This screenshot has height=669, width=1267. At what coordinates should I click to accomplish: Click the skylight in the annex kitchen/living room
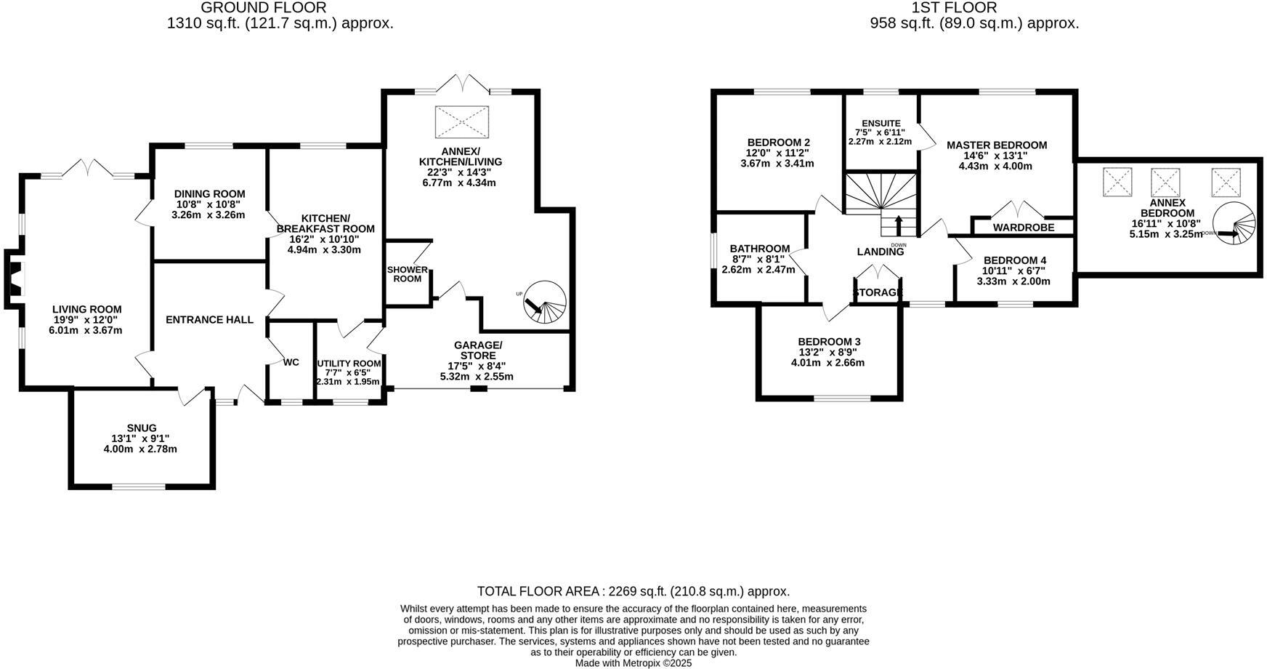(x=462, y=121)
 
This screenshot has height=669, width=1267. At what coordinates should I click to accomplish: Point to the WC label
(x=291, y=362)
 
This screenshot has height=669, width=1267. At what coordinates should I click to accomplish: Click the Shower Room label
(x=407, y=274)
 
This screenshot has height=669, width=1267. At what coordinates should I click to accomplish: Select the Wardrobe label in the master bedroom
(x=1023, y=228)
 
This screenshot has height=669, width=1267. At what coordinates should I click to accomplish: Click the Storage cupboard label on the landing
(x=878, y=292)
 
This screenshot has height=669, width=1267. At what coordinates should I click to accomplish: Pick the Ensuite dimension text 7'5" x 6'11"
(x=880, y=132)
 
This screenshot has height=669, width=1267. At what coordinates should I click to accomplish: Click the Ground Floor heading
(x=263, y=7)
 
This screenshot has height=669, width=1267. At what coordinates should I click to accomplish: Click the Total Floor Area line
(x=633, y=591)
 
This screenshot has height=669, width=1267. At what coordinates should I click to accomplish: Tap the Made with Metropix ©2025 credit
(x=633, y=663)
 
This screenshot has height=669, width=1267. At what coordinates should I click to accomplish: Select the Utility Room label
(x=349, y=364)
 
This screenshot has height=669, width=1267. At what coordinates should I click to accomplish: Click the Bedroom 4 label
(x=1014, y=260)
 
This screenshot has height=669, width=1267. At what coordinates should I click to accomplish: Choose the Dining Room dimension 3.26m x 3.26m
(x=209, y=215)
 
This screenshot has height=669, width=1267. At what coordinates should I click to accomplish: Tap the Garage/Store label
(x=477, y=350)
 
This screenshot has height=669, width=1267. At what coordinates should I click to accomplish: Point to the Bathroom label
(x=760, y=249)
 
